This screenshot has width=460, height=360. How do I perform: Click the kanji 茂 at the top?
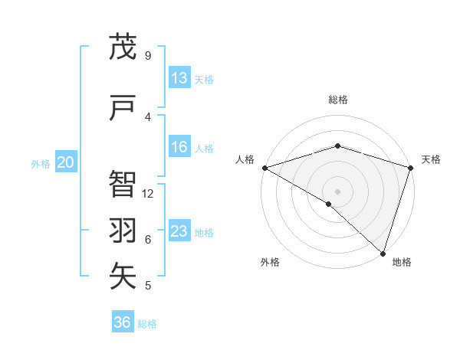[123, 47]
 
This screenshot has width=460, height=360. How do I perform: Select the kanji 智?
[123, 184]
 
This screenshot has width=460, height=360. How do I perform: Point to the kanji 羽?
[123, 231]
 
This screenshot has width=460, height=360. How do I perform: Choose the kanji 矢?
[123, 276]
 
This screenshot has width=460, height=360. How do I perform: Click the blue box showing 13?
[179, 78]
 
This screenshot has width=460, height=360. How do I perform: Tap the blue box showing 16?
[179, 148]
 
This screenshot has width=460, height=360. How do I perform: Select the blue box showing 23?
[179, 231]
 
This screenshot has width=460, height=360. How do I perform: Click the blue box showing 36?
[123, 322]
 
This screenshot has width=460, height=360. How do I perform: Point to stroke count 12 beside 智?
[148, 193]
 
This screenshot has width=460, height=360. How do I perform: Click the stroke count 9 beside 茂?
[148, 56]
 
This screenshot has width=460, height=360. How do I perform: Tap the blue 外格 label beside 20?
[41, 163]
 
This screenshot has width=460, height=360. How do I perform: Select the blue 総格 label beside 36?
[147, 324]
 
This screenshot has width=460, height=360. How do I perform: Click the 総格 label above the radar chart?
[338, 100]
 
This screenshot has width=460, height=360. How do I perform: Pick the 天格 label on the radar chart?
[431, 159]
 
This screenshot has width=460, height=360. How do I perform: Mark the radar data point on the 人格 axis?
[264, 168]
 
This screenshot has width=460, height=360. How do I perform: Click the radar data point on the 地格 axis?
[383, 254]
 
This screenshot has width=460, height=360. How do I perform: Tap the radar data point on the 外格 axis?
[329, 204]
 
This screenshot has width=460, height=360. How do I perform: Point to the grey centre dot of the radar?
[337, 191]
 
